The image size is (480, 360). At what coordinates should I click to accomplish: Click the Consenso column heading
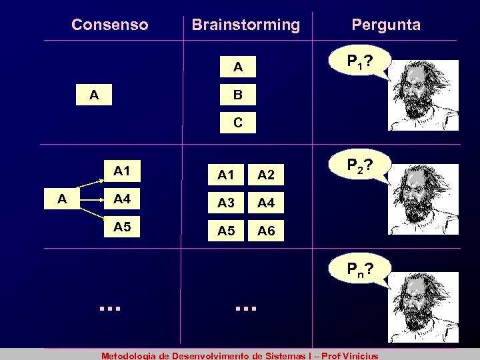pyautogui.click(x=110, y=25)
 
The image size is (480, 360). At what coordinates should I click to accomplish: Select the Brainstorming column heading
pyautogui.click(x=245, y=25)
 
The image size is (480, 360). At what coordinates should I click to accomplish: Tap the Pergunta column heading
pyautogui.click(x=386, y=25)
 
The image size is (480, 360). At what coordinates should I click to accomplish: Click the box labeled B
pyautogui.click(x=237, y=95)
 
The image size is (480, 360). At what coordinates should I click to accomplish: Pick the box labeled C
pyautogui.click(x=237, y=123)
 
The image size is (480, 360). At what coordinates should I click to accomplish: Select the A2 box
pyautogui.click(x=267, y=174)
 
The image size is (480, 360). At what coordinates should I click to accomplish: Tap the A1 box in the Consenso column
pyautogui.click(x=122, y=171)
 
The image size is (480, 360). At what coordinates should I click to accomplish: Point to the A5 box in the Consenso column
pyautogui.click(x=122, y=227)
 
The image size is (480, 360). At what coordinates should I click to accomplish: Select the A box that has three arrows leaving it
pyautogui.click(x=61, y=199)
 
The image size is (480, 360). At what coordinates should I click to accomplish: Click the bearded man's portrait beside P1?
pyautogui.click(x=424, y=95)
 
